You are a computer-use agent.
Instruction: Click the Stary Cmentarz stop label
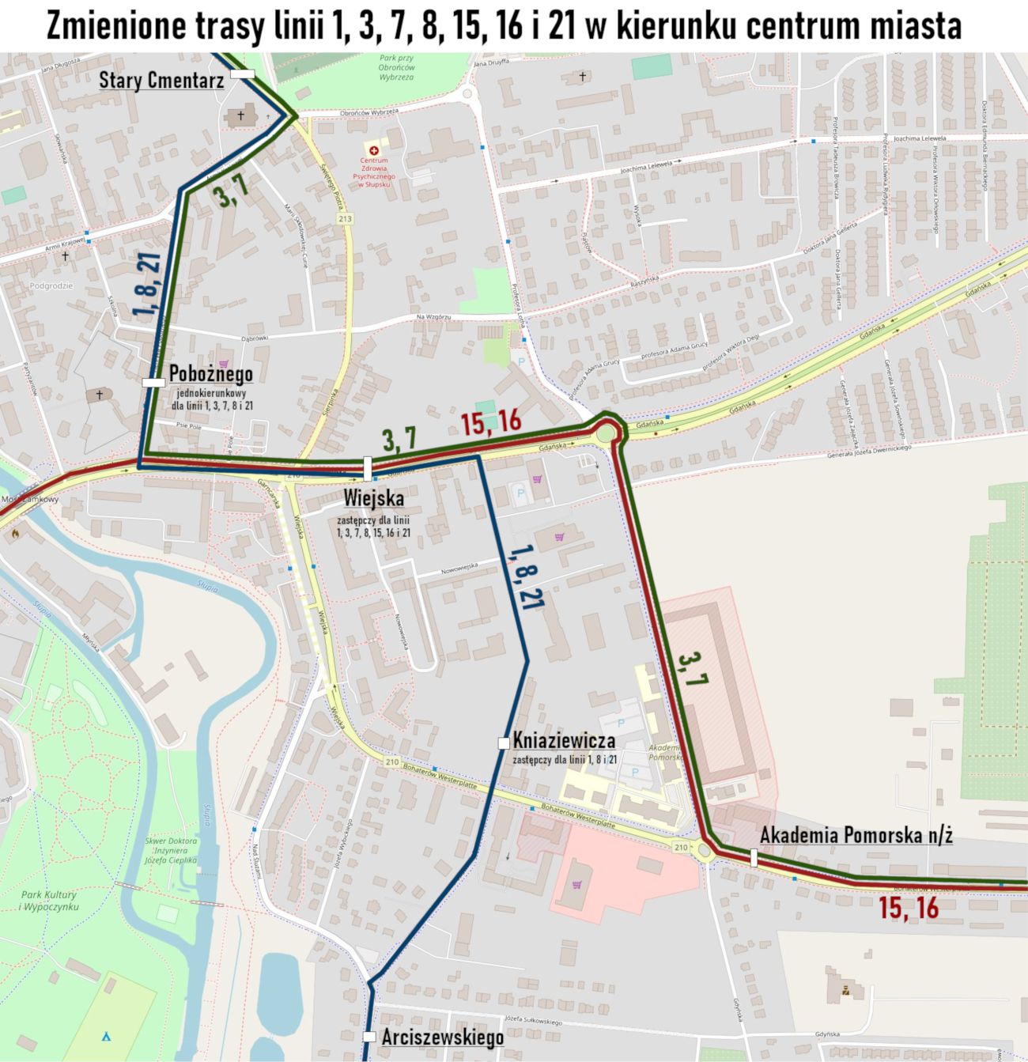(x=161, y=80)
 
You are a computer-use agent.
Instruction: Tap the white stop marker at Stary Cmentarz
(x=243, y=74)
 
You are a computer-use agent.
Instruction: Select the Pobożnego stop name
(x=210, y=374)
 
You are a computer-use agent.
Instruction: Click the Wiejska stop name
(x=373, y=498)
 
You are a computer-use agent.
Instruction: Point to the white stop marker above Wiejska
(x=367, y=468)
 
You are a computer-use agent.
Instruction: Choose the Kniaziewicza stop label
(x=564, y=740)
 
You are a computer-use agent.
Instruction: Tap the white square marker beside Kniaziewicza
(x=503, y=743)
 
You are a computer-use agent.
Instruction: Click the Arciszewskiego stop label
(x=442, y=1037)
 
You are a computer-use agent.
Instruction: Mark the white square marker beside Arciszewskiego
(x=368, y=1037)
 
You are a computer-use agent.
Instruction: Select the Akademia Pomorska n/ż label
(x=856, y=835)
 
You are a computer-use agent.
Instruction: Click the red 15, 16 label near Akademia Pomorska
(x=909, y=908)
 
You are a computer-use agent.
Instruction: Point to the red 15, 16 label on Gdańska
(x=491, y=422)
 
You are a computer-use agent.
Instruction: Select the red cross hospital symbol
(x=373, y=149)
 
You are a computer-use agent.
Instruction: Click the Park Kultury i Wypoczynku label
(x=49, y=901)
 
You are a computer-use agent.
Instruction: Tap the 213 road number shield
(x=344, y=218)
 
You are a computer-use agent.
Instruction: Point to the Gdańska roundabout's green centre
(x=606, y=433)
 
